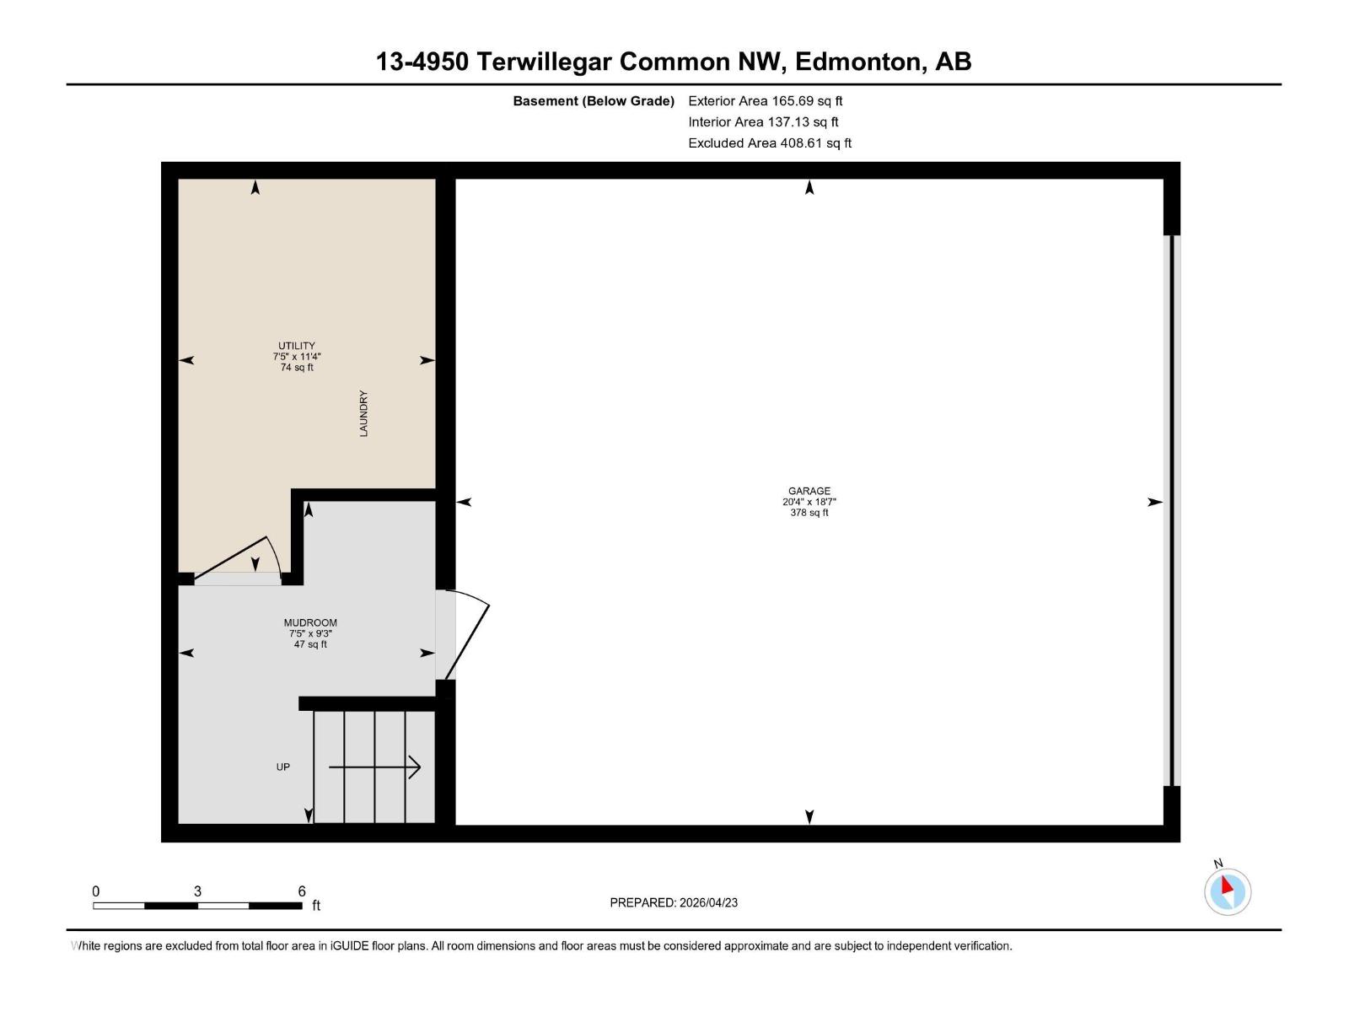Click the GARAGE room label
809,491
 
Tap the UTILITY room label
296,346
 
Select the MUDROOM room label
310,622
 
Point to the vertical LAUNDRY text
363,413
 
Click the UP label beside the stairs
282,767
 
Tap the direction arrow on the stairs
374,767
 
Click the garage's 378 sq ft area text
809,513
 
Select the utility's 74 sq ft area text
297,368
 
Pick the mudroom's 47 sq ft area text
310,644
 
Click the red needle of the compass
1226,885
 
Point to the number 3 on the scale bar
197,891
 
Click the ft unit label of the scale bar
316,906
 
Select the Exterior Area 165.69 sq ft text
766,100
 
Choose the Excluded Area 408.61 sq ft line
770,143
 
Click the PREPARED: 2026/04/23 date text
674,902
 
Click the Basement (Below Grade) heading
594,100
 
